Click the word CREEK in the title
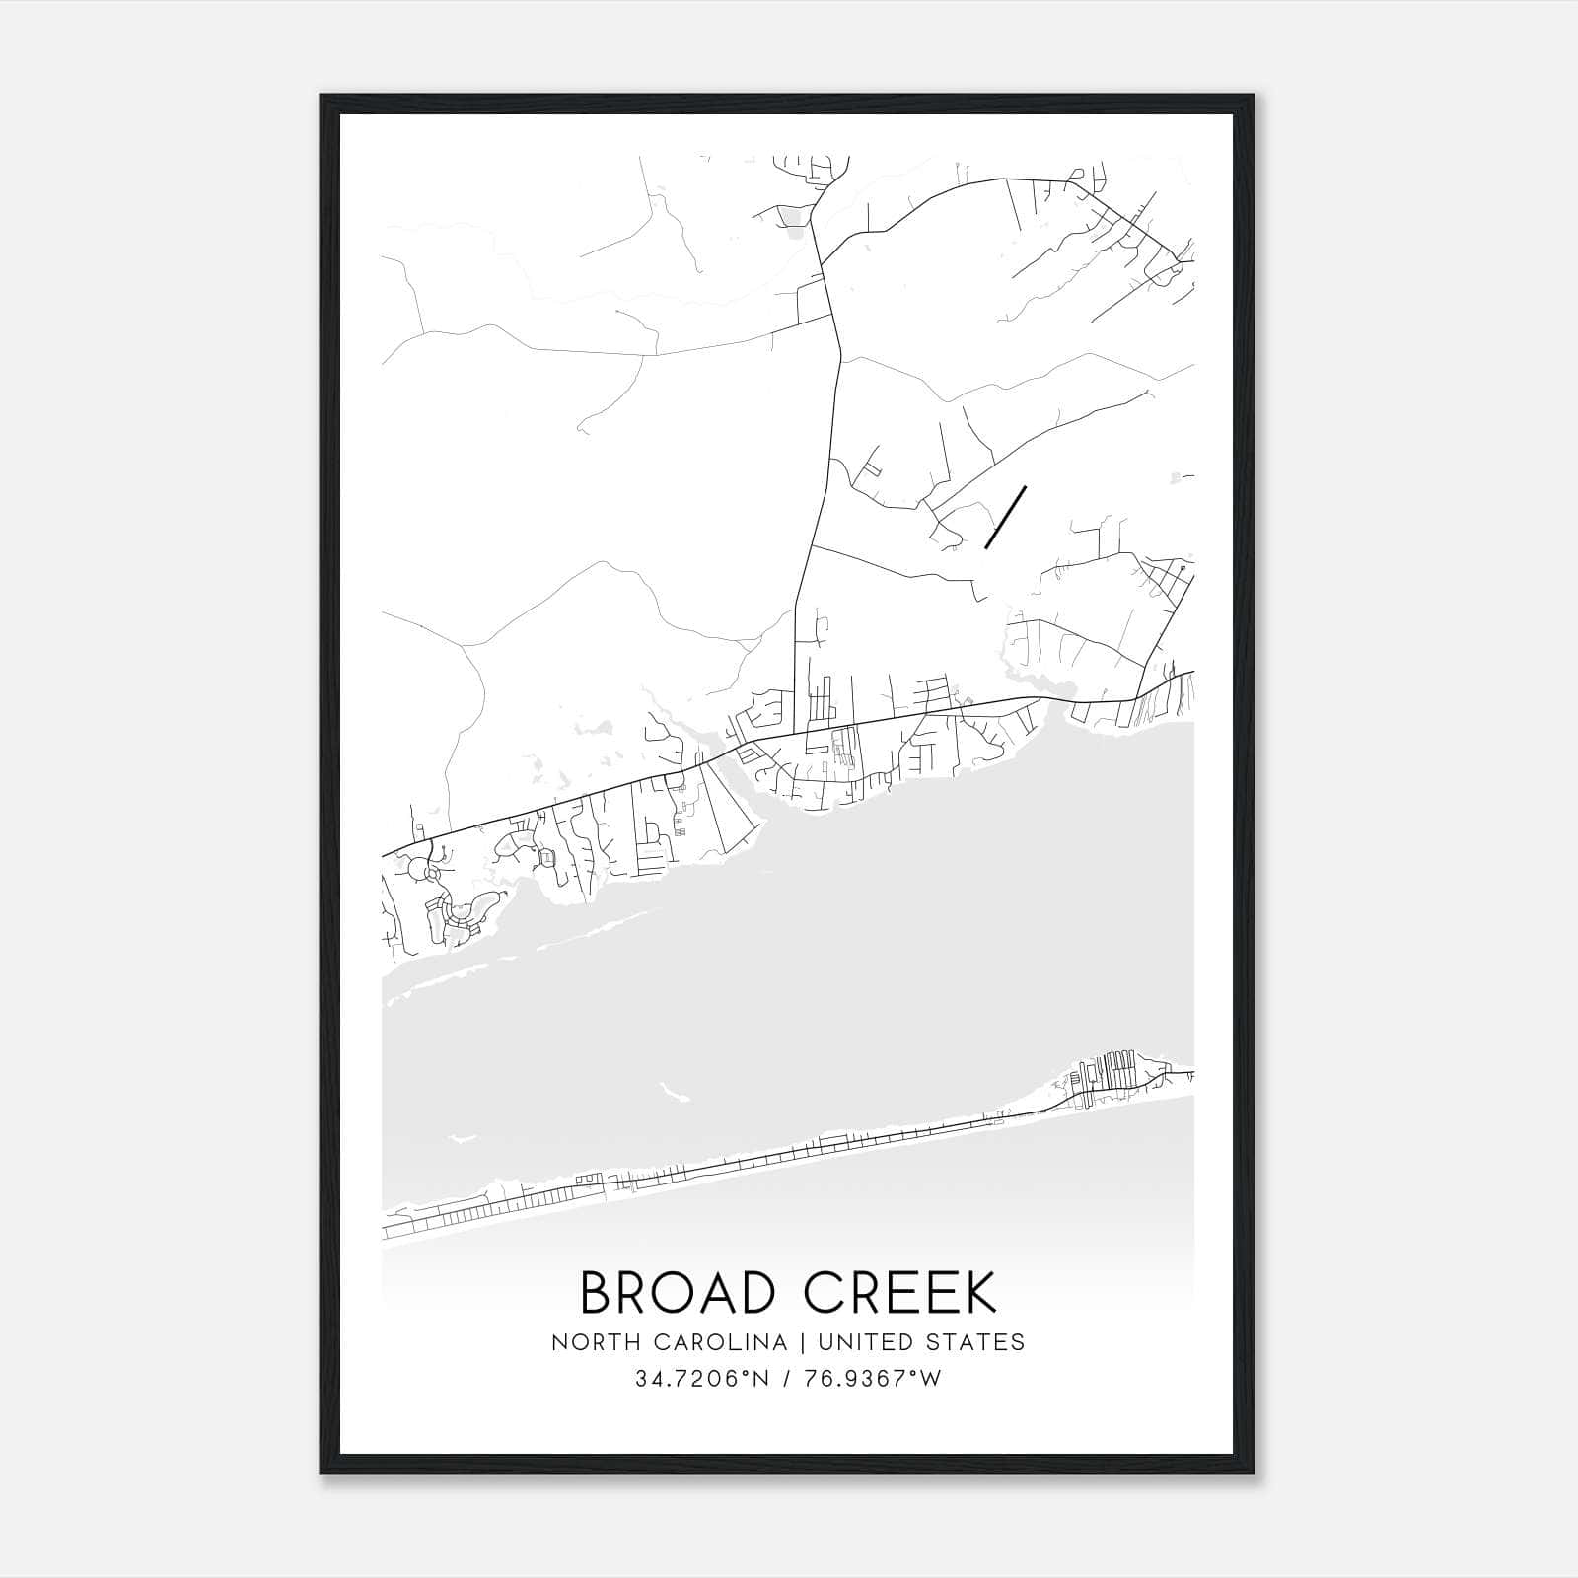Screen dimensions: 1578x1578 (x=899, y=1292)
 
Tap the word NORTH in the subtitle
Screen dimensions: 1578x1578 (x=589, y=1342)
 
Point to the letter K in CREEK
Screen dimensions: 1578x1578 (x=980, y=1292)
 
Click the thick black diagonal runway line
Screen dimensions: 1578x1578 (x=1006, y=517)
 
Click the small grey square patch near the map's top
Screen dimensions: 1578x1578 (x=791, y=217)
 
